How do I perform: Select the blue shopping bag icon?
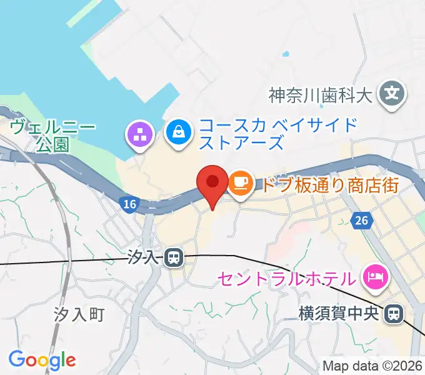[179, 132]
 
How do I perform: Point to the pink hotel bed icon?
[375, 276]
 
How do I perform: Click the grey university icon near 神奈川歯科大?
[392, 94]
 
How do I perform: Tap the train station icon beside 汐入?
[174, 257]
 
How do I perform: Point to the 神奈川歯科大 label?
[320, 96]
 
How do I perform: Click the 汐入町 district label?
[78, 314]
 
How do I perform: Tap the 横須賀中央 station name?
[339, 312]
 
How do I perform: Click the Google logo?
[42, 359]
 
